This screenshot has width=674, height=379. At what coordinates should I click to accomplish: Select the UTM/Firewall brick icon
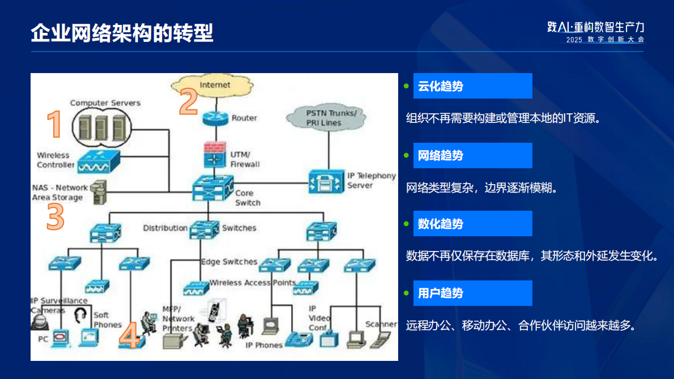point(215,154)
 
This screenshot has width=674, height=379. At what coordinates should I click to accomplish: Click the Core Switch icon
point(213,188)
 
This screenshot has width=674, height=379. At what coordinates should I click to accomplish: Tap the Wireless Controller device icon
point(96,161)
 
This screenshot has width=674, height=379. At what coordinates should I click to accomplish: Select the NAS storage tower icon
point(98,192)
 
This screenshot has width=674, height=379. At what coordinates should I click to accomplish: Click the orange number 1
point(54,125)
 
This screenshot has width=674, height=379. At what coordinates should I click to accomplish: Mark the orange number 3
point(55,217)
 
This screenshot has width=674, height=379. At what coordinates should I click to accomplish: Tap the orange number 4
point(129,336)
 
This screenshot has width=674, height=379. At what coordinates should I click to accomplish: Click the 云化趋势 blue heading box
point(472,86)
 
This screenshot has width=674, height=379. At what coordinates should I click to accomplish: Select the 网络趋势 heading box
point(472,155)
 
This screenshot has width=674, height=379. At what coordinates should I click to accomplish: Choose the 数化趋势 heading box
point(472,223)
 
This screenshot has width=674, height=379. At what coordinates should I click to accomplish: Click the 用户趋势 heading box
point(472,293)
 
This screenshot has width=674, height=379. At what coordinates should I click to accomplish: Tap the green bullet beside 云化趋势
point(406,86)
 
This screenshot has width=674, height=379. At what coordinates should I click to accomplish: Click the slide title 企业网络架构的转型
point(122,33)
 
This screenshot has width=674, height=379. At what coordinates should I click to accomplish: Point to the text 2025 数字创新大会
point(605,40)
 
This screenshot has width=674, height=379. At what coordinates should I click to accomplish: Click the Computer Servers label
point(105,103)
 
